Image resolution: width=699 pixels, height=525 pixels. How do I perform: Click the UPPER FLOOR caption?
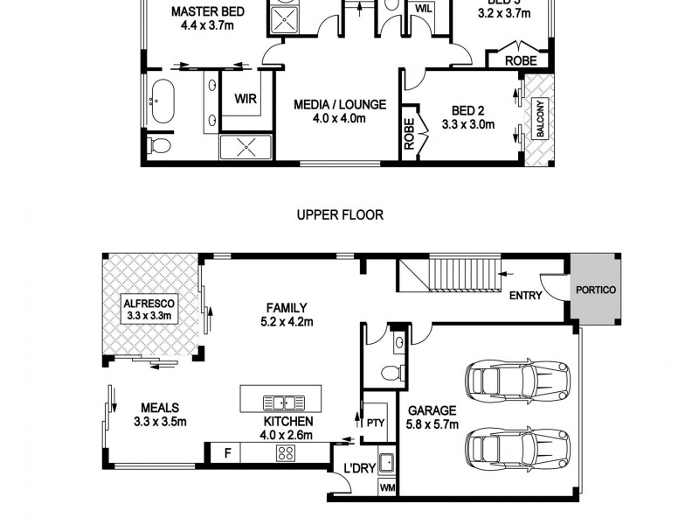point(340,214)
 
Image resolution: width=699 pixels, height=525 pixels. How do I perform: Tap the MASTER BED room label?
point(207,18)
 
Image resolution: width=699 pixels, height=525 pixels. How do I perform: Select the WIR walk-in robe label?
point(246,99)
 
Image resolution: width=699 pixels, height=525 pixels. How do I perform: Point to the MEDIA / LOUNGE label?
point(339,111)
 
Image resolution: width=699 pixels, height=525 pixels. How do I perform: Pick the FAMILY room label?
point(287,314)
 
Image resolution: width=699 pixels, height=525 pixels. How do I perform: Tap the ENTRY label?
point(525,296)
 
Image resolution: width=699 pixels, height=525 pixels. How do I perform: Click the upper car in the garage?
point(518,379)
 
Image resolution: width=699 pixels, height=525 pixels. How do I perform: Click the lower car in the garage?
point(518,449)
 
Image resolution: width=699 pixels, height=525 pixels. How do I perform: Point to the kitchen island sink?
point(281,402)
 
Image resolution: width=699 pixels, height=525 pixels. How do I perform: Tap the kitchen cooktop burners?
point(286,452)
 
